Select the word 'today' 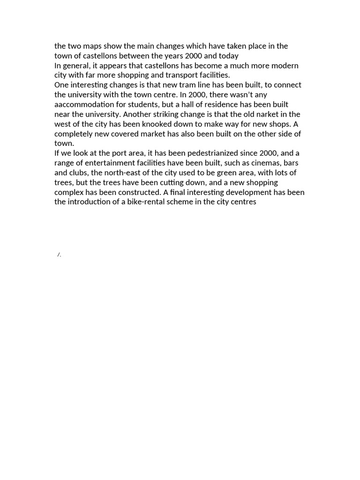(228, 56)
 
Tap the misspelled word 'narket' (266, 114)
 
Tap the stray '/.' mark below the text (60, 255)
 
